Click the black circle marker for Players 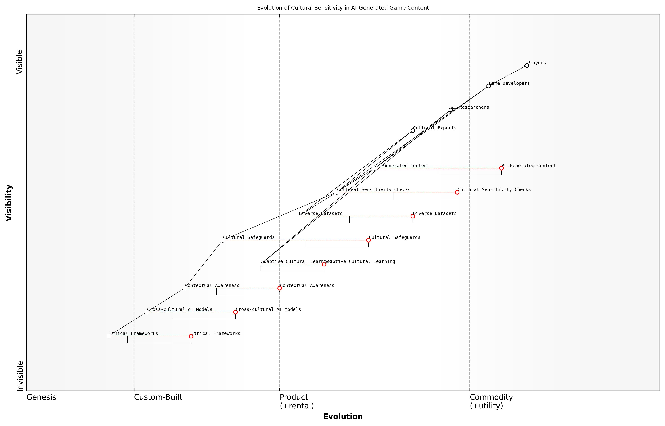pyautogui.click(x=526, y=66)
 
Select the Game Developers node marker pyautogui.click(x=488, y=86)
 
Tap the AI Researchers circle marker pyautogui.click(x=451, y=110)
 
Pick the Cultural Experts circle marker pyautogui.click(x=413, y=131)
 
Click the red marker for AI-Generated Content pyautogui.click(x=501, y=168)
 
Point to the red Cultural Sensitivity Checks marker pyautogui.click(x=457, y=192)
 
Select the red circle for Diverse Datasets pyautogui.click(x=413, y=216)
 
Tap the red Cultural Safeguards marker pyautogui.click(x=368, y=240)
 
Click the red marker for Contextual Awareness pyautogui.click(x=280, y=288)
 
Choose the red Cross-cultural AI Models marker pyautogui.click(x=235, y=312)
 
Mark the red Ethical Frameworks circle pyautogui.click(x=191, y=336)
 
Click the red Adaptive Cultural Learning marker pyautogui.click(x=324, y=264)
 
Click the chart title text pyautogui.click(x=343, y=8)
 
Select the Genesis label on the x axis pyautogui.click(x=41, y=397)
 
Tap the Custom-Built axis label pyautogui.click(x=158, y=397)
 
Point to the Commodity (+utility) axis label pyautogui.click(x=491, y=401)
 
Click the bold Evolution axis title pyautogui.click(x=343, y=416)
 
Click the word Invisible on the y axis pyautogui.click(x=20, y=376)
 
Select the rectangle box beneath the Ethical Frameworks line pyautogui.click(x=159, y=340)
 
